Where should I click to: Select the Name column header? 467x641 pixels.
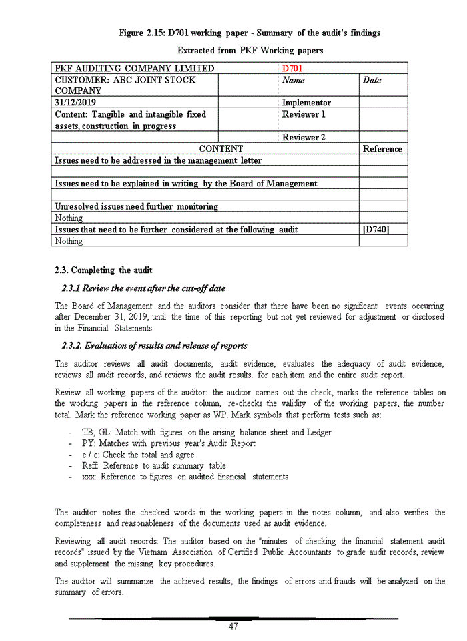coord(294,80)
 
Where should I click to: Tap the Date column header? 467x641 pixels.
coord(372,80)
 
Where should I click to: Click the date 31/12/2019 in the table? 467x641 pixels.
coord(77,103)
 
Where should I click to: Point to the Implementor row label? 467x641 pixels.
coord(306,103)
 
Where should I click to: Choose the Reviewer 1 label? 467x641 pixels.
coord(304,114)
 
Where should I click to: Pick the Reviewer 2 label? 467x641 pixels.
coord(304,137)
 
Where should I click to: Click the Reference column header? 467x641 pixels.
coord(382,149)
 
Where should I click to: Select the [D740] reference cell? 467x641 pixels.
coord(376,229)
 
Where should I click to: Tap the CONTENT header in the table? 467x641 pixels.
coord(221,149)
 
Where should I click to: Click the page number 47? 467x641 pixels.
coord(233,626)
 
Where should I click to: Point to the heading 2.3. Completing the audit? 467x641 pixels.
coord(103,270)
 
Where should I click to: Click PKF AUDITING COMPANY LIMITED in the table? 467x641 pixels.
coord(134,68)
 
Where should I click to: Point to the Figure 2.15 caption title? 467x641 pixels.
coord(250,33)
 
